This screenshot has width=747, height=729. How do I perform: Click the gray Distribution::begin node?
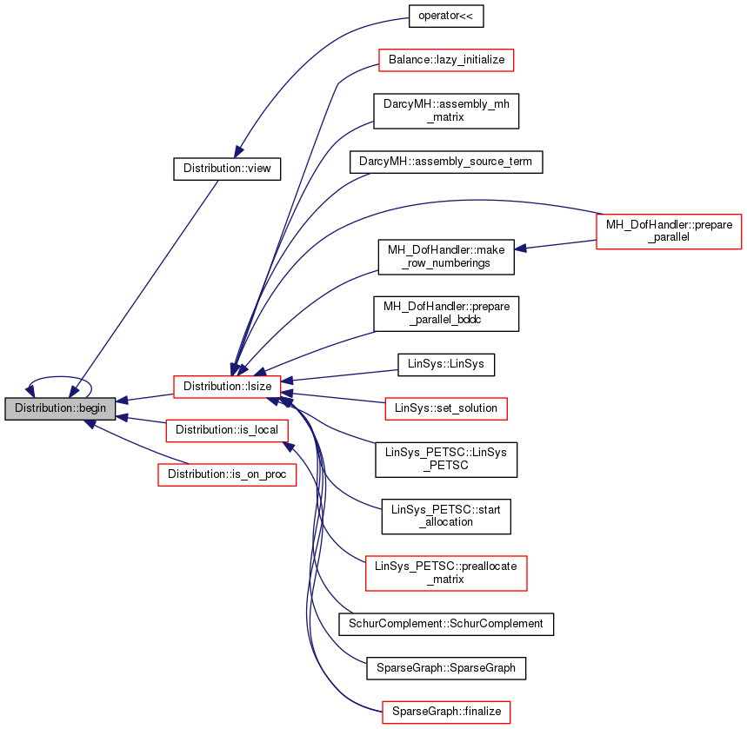click(x=60, y=408)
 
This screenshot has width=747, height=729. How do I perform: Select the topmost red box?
click(x=446, y=60)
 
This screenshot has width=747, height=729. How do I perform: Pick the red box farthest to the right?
click(x=669, y=231)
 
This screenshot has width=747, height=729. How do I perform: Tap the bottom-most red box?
click(x=446, y=712)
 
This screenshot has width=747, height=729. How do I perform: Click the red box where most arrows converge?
click(x=227, y=387)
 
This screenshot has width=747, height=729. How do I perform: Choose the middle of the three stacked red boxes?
click(x=226, y=430)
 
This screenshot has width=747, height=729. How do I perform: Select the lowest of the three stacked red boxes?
click(x=227, y=474)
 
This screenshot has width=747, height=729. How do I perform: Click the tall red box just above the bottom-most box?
click(x=446, y=573)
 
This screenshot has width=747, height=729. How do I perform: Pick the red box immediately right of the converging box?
click(x=445, y=408)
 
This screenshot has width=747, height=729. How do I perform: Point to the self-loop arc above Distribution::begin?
click(x=59, y=377)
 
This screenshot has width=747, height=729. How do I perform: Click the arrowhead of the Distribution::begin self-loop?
click(x=30, y=390)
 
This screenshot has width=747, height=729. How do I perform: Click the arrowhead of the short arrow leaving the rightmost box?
click(x=520, y=249)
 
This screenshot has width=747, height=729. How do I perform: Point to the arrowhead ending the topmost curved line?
click(x=238, y=151)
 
